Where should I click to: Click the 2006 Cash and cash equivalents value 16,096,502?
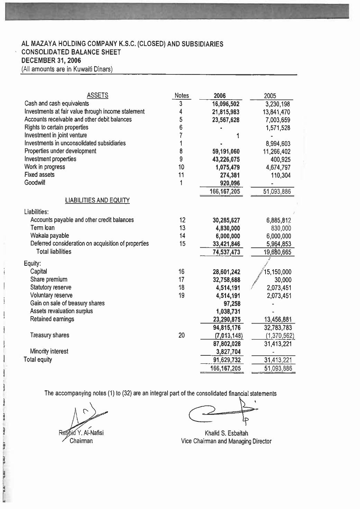[226, 104]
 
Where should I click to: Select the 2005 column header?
[270, 96]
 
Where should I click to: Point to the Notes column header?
[182, 96]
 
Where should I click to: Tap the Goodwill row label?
[35, 183]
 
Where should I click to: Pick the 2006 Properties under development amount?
[226, 152]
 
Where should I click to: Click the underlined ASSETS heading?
[97, 95]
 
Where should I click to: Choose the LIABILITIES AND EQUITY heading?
[97, 200]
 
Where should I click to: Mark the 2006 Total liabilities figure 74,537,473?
[226, 252]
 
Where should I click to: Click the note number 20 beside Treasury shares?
[182, 335]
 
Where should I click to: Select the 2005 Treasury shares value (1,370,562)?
[280, 336]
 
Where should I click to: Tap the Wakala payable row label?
[49, 236]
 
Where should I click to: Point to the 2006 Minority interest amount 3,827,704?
[226, 352]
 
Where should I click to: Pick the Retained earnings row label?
[52, 319]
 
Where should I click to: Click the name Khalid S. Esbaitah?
[226, 433]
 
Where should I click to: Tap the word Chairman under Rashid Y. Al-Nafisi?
[81, 441]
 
